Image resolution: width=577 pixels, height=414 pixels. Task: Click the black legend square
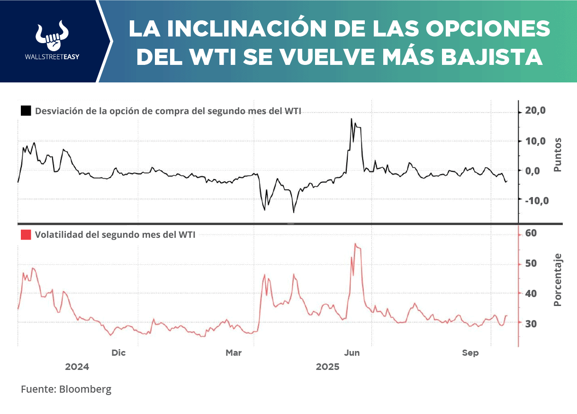coord(26,111)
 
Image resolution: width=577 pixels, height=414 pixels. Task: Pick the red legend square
coord(26,234)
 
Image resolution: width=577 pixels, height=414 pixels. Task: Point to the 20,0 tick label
coord(535,111)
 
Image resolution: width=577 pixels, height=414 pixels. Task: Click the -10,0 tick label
coord(536,200)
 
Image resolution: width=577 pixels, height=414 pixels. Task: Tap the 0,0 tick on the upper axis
coord(538,171)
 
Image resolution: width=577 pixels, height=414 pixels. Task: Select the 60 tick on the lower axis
coord(531,233)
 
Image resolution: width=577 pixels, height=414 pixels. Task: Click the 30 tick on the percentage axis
coord(531,324)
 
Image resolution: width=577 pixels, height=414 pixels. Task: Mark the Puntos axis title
coord(558,154)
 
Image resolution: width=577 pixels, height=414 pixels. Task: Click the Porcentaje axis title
coord(558,279)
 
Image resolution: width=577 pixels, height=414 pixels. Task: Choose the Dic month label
coord(118,353)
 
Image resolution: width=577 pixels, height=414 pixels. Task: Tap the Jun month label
coord(352,353)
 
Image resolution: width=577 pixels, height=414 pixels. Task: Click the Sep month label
coord(470,353)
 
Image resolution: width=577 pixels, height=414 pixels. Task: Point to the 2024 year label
coord(77,367)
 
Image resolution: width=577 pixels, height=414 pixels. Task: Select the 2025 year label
coord(327,367)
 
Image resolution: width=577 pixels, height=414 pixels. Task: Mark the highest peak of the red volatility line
coord(355,243)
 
